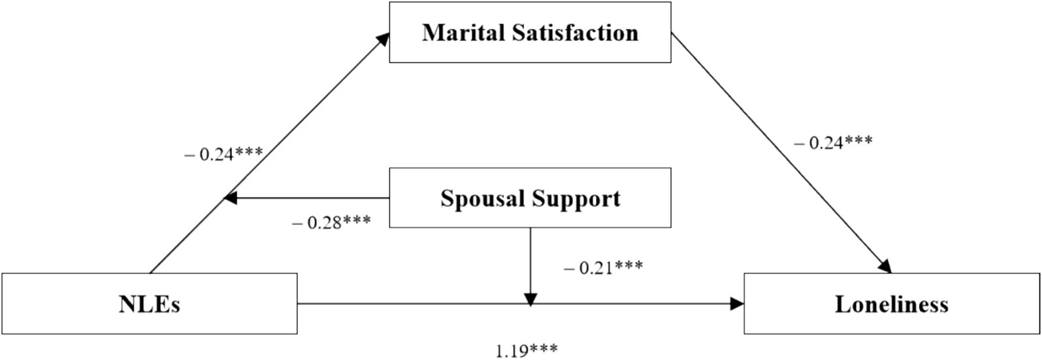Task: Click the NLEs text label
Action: [150, 304]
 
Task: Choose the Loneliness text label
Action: [891, 304]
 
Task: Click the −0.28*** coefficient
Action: [332, 222]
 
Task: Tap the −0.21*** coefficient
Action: [602, 267]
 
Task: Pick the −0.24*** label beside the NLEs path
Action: [223, 155]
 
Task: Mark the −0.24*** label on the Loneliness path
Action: [832, 142]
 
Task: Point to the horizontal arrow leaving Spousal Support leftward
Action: [307, 198]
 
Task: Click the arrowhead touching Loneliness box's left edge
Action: [738, 304]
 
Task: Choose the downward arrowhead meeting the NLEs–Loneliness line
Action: [530, 299]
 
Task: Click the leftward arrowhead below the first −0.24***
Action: [230, 198]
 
